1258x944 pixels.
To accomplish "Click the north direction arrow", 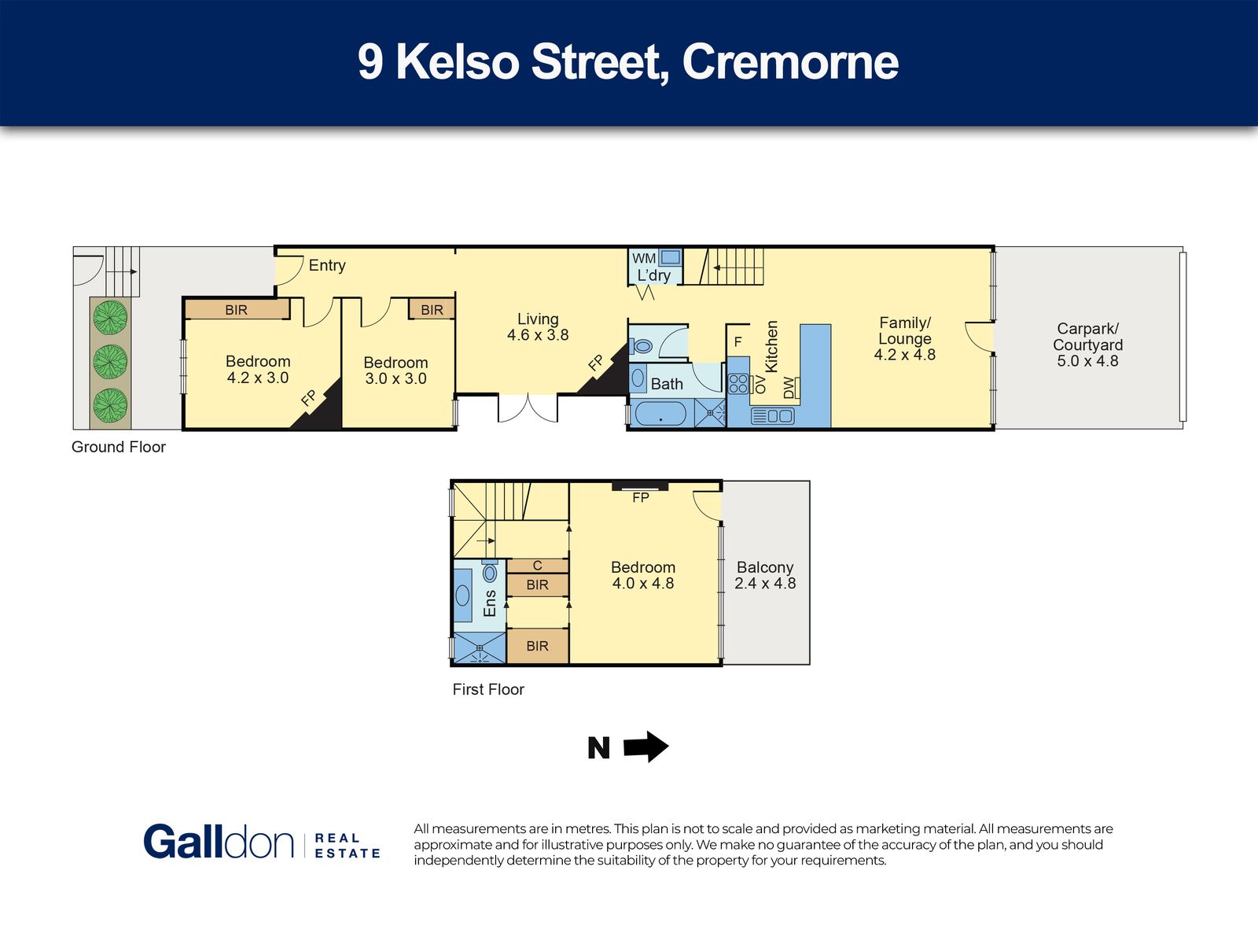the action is [646, 747].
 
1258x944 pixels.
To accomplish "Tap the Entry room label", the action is [327, 265].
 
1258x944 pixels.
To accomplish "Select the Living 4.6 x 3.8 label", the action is [538, 326].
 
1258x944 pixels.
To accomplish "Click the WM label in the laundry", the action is [644, 259].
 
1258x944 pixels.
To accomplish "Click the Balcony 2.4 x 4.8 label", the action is [765, 575].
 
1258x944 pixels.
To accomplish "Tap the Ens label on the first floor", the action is [490, 603].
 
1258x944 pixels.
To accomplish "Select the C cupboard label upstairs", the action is [538, 566].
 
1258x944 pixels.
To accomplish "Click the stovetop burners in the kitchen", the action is [738, 383].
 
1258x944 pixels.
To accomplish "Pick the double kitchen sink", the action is [772, 415].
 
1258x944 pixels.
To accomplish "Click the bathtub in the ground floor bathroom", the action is [660, 414].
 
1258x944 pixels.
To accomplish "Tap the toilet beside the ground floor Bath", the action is [641, 346].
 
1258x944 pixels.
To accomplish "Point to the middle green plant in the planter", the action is [110, 362].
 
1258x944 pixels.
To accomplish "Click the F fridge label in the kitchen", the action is [738, 342].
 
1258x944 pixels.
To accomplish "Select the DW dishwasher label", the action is [789, 388].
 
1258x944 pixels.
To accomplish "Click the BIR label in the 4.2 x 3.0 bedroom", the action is [236, 310].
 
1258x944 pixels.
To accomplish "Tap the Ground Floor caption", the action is [119, 447].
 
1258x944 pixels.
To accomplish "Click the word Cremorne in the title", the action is [790, 62].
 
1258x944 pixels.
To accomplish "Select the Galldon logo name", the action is [219, 842].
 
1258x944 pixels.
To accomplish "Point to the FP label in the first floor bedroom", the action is [641, 497].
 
